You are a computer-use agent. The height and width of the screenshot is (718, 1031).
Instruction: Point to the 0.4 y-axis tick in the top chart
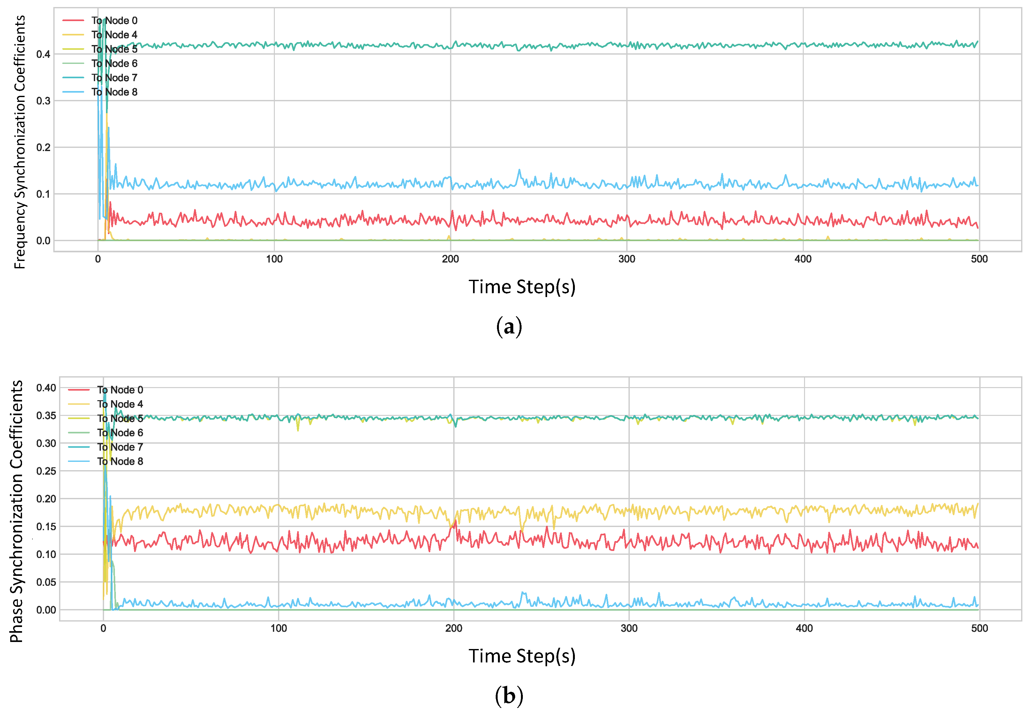[x=43, y=54]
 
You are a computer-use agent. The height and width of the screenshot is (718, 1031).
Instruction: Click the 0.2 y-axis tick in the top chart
[x=43, y=147]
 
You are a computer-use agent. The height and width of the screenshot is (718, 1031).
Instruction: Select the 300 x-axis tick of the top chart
[x=627, y=259]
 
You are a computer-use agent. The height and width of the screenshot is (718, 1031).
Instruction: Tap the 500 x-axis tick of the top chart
[x=979, y=259]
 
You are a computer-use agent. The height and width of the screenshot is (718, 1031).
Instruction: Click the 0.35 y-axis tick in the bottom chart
[x=46, y=416]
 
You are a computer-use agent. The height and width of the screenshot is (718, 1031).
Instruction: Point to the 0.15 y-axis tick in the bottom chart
[x=46, y=527]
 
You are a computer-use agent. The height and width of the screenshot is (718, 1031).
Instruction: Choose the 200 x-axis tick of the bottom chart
[x=454, y=629]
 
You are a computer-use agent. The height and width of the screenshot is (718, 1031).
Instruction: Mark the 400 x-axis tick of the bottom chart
[x=804, y=629]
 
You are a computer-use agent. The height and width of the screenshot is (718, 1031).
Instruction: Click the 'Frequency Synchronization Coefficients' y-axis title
[x=20, y=142]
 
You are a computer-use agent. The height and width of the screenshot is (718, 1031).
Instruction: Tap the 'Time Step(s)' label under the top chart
[x=522, y=287]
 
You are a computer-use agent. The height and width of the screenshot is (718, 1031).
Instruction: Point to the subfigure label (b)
[x=509, y=696]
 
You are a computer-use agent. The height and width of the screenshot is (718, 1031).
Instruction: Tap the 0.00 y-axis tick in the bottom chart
[x=46, y=610]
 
